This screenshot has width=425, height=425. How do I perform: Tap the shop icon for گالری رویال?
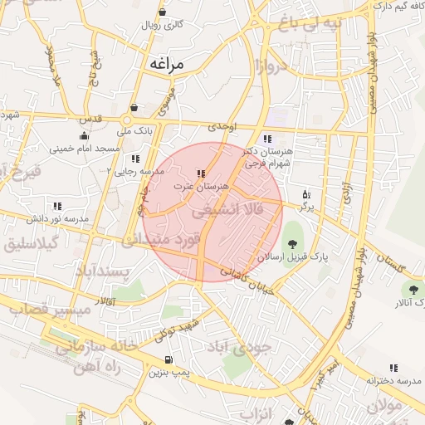(x=160, y=12)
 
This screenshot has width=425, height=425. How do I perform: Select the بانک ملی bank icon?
(x=134, y=108)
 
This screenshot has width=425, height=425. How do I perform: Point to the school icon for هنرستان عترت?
(x=200, y=174)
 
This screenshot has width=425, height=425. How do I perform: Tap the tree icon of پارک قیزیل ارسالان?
(x=291, y=243)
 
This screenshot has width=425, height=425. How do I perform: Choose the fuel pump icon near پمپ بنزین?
(x=169, y=360)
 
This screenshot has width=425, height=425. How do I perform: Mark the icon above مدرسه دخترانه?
(x=393, y=368)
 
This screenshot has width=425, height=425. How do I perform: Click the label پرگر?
(x=306, y=206)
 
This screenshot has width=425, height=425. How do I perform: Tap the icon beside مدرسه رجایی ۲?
(x=134, y=159)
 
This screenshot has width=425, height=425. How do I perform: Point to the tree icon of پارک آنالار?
(x=413, y=289)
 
